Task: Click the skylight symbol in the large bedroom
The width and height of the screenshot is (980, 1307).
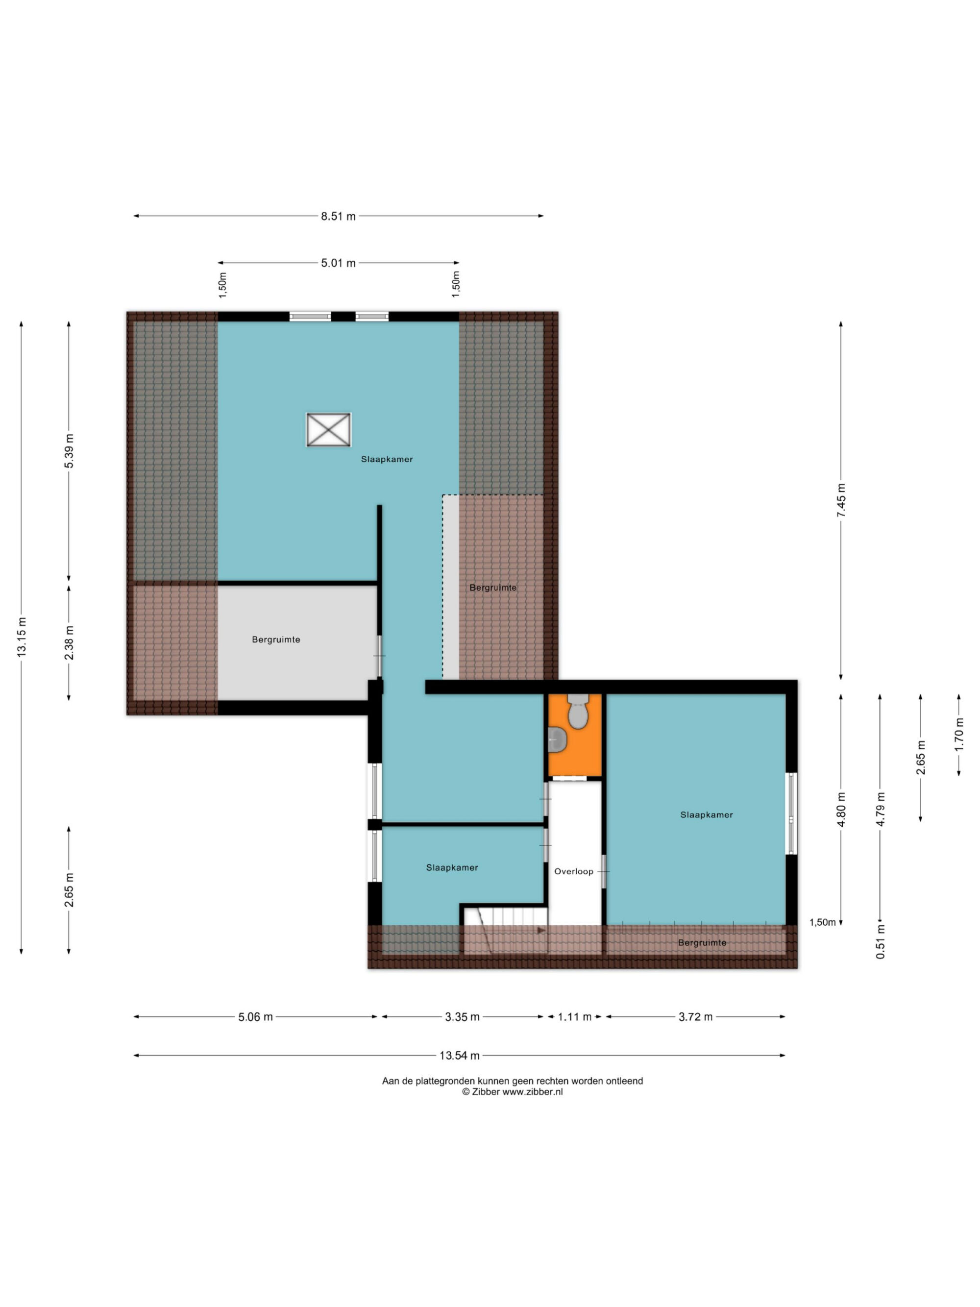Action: pos(328,430)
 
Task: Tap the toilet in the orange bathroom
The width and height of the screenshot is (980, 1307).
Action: pos(577,711)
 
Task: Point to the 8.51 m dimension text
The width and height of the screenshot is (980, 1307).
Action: pos(339,216)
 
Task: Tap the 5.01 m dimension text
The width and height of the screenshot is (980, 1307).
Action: pos(339,263)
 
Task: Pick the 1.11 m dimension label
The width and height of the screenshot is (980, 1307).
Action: pos(575,1017)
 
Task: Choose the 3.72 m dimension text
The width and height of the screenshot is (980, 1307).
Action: pos(695,1017)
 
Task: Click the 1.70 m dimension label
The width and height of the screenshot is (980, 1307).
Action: pos(959,735)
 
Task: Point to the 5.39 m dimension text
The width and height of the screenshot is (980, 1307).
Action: pos(70,451)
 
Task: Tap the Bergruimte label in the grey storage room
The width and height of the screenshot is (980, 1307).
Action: pos(276,640)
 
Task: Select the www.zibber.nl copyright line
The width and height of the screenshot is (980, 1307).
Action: pos(512,1092)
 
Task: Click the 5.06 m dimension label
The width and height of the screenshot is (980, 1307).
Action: pos(255,1017)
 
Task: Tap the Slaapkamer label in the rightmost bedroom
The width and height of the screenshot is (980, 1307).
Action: pos(707,815)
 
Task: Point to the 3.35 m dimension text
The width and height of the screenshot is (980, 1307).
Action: pos(462,1017)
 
